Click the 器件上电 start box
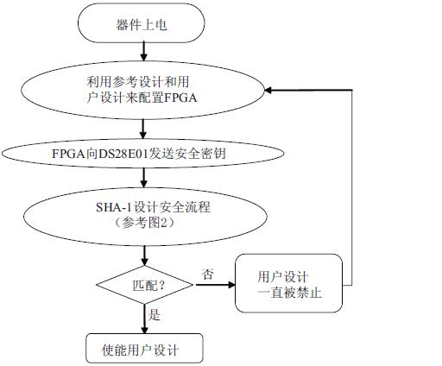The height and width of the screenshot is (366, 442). click(142, 23)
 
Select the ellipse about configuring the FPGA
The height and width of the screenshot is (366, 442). click(142, 90)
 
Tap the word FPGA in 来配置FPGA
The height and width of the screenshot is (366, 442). click(180, 98)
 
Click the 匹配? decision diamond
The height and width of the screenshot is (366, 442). click(145, 285)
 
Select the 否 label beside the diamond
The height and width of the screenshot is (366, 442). click(208, 274)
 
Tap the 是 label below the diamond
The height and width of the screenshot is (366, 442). click(155, 315)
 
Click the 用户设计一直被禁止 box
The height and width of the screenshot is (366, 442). click(289, 283)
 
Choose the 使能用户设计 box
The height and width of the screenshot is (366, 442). click(145, 349)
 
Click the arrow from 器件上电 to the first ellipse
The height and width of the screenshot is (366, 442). click(143, 51)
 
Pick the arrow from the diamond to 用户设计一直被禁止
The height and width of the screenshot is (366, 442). click(216, 285)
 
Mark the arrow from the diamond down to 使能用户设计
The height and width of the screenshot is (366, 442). click(144, 319)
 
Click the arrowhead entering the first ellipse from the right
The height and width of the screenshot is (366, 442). click(268, 91)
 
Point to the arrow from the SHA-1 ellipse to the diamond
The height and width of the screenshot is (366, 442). click(144, 256)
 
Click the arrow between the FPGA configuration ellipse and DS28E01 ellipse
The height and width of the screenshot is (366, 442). click(143, 129)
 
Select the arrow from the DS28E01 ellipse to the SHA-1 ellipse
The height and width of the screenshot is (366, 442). click(144, 178)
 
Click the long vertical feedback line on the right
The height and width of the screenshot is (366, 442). click(352, 187)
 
